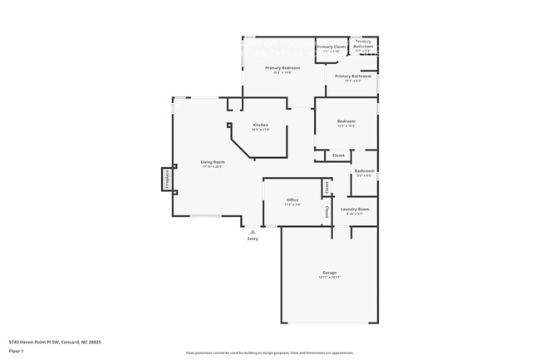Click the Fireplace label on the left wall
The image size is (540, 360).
point(166,180)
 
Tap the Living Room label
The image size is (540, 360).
point(213,162)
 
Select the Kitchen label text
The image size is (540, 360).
point(261,125)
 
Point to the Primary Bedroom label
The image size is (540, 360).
point(282,67)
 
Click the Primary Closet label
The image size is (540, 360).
point(331,47)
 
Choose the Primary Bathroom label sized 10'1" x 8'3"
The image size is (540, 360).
point(354,76)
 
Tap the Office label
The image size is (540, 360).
point(292,200)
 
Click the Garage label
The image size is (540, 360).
point(329,273)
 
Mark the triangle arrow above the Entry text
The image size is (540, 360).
point(253,231)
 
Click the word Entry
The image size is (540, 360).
point(253,239)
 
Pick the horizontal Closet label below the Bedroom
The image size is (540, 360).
point(338,155)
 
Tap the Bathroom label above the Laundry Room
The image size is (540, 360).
point(365,171)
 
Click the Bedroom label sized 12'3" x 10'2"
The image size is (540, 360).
point(346,121)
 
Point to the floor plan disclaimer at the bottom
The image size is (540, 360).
point(269,353)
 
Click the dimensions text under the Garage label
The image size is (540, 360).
point(329,278)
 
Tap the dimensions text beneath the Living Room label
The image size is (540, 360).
point(213,167)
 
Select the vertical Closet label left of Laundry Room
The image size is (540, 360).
point(326,211)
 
